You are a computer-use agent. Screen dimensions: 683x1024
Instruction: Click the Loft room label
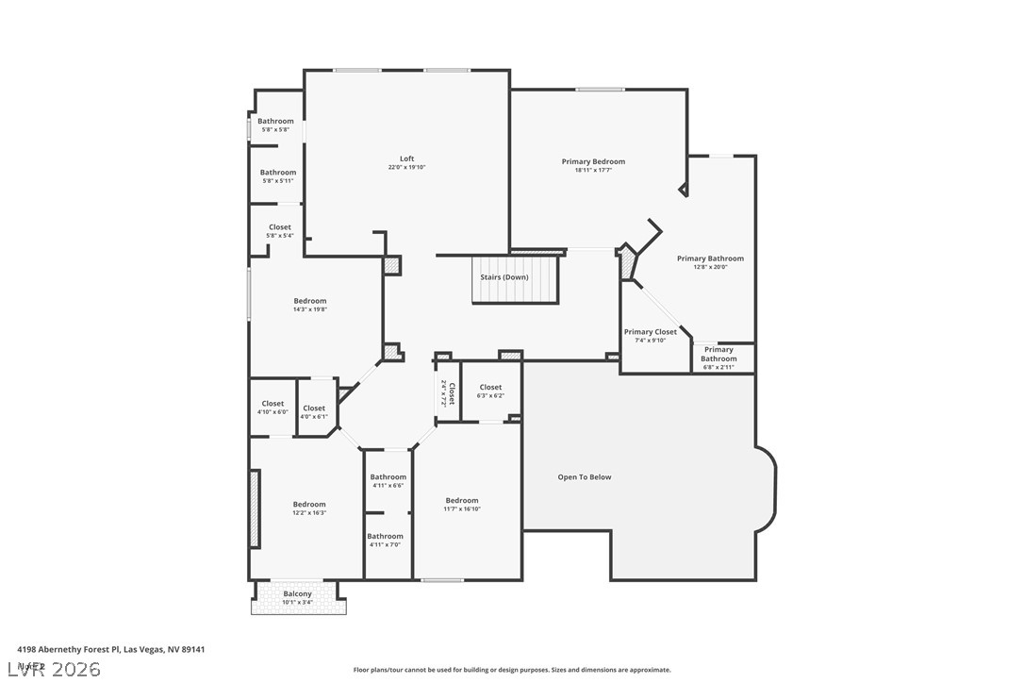click(x=406, y=159)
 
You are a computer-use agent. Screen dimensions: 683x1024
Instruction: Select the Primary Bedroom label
click(x=593, y=162)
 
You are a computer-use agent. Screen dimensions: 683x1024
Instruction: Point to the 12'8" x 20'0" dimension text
click(x=710, y=267)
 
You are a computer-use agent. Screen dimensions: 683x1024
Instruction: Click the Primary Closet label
click(x=650, y=332)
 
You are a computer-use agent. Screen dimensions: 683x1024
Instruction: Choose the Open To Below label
click(x=585, y=477)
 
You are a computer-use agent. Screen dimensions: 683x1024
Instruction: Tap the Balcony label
click(x=297, y=594)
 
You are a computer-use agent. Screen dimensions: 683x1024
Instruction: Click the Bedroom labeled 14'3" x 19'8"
click(x=309, y=302)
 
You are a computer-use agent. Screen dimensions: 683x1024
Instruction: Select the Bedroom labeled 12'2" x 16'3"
click(x=308, y=505)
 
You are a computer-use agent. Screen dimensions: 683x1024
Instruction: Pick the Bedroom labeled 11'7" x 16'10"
click(x=462, y=501)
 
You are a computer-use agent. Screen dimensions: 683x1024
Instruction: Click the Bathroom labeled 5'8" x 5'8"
click(x=276, y=122)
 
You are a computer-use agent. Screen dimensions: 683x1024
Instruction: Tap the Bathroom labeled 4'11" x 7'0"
click(x=385, y=537)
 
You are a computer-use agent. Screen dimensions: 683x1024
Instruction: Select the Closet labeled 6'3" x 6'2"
click(x=490, y=388)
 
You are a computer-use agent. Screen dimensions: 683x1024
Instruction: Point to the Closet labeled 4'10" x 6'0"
click(x=273, y=405)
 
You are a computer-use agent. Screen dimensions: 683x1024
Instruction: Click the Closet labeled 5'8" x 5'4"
click(x=280, y=228)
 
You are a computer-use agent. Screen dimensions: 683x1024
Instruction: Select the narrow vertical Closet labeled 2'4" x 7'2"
click(x=448, y=393)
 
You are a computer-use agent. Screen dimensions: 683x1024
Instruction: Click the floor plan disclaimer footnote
click(x=512, y=670)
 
